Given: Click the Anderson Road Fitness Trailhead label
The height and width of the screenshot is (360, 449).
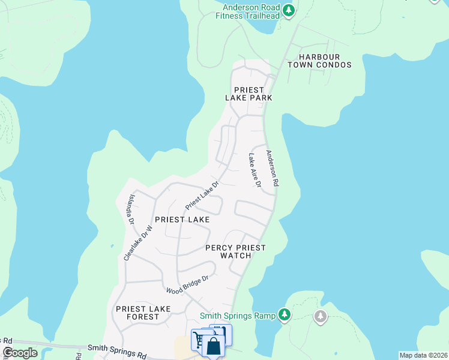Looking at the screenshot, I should coord(250,11).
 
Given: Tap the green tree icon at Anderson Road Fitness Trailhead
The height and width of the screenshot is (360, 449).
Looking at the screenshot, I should coord(289,10).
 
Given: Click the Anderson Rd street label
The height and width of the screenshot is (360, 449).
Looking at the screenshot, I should coord(272,169).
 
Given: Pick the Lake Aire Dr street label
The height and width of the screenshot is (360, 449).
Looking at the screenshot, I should coord(254,170).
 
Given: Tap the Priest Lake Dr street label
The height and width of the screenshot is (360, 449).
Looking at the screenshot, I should coord(201,196).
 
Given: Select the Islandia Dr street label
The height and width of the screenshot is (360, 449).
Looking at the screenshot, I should coord(130,209).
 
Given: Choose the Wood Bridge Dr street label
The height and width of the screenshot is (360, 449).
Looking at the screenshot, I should coord(187,284).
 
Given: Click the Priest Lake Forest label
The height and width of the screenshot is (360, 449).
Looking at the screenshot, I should coord(143,313).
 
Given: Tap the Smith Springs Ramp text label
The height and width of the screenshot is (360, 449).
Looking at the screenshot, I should coord(238,316).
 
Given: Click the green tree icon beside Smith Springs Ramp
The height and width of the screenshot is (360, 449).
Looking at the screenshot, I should coord(285,314).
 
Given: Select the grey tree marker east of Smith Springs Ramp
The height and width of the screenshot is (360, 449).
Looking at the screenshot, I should coord(321,316).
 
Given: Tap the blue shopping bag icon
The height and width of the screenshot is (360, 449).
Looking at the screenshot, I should coord(213,347).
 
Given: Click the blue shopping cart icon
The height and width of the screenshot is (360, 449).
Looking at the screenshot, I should coord(199,340).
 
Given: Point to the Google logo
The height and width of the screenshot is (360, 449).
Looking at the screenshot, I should coord(20,353).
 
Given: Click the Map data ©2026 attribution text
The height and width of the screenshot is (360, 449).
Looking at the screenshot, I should coord(423,355).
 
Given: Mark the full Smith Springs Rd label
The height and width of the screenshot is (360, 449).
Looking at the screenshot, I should coord(117,351).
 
